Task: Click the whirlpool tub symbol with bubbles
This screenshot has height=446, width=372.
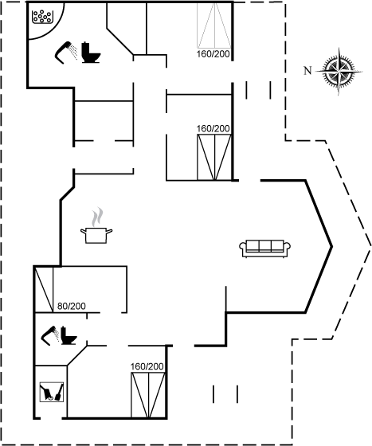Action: [43, 17]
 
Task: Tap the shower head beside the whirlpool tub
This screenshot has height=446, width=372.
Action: [65, 52]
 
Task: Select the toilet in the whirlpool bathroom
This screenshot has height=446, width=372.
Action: [91, 53]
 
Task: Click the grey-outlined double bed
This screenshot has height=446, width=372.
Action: [214, 25]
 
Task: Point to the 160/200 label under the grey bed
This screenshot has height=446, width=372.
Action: [213, 54]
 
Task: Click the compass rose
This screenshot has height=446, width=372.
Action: [339, 71]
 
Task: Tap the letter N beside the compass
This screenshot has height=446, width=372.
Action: [307, 71]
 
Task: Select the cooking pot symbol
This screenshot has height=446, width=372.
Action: [96, 235]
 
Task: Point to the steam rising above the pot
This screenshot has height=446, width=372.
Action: [96, 217]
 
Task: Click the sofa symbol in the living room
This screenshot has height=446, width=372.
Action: [264, 248]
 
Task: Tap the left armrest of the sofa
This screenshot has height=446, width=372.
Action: [243, 248]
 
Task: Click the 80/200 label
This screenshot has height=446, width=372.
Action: [72, 306]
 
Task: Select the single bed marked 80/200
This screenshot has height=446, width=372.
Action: [44, 289]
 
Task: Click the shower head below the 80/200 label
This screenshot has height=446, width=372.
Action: [49, 335]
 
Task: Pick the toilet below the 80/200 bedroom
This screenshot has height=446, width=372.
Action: [69, 335]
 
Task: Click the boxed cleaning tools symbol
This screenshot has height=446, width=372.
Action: [52, 392]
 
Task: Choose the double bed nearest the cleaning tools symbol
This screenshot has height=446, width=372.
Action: [148, 395]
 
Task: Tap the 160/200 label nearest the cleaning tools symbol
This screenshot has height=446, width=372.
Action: [147, 366]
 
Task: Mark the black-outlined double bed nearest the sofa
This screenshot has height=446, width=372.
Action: [214, 158]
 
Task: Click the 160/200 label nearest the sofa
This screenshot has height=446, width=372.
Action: [213, 128]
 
